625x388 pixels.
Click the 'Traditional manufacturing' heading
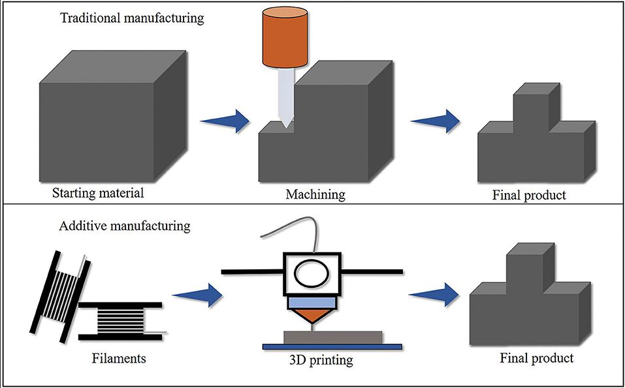point(133,18)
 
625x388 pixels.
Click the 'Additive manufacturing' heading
point(125,227)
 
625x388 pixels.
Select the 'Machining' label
point(315,194)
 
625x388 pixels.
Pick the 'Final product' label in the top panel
point(528,194)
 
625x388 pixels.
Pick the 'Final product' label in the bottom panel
point(536,358)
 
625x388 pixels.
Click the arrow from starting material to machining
point(225,120)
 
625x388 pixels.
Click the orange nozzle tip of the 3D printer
point(313,318)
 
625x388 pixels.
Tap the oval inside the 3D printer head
point(312,273)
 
